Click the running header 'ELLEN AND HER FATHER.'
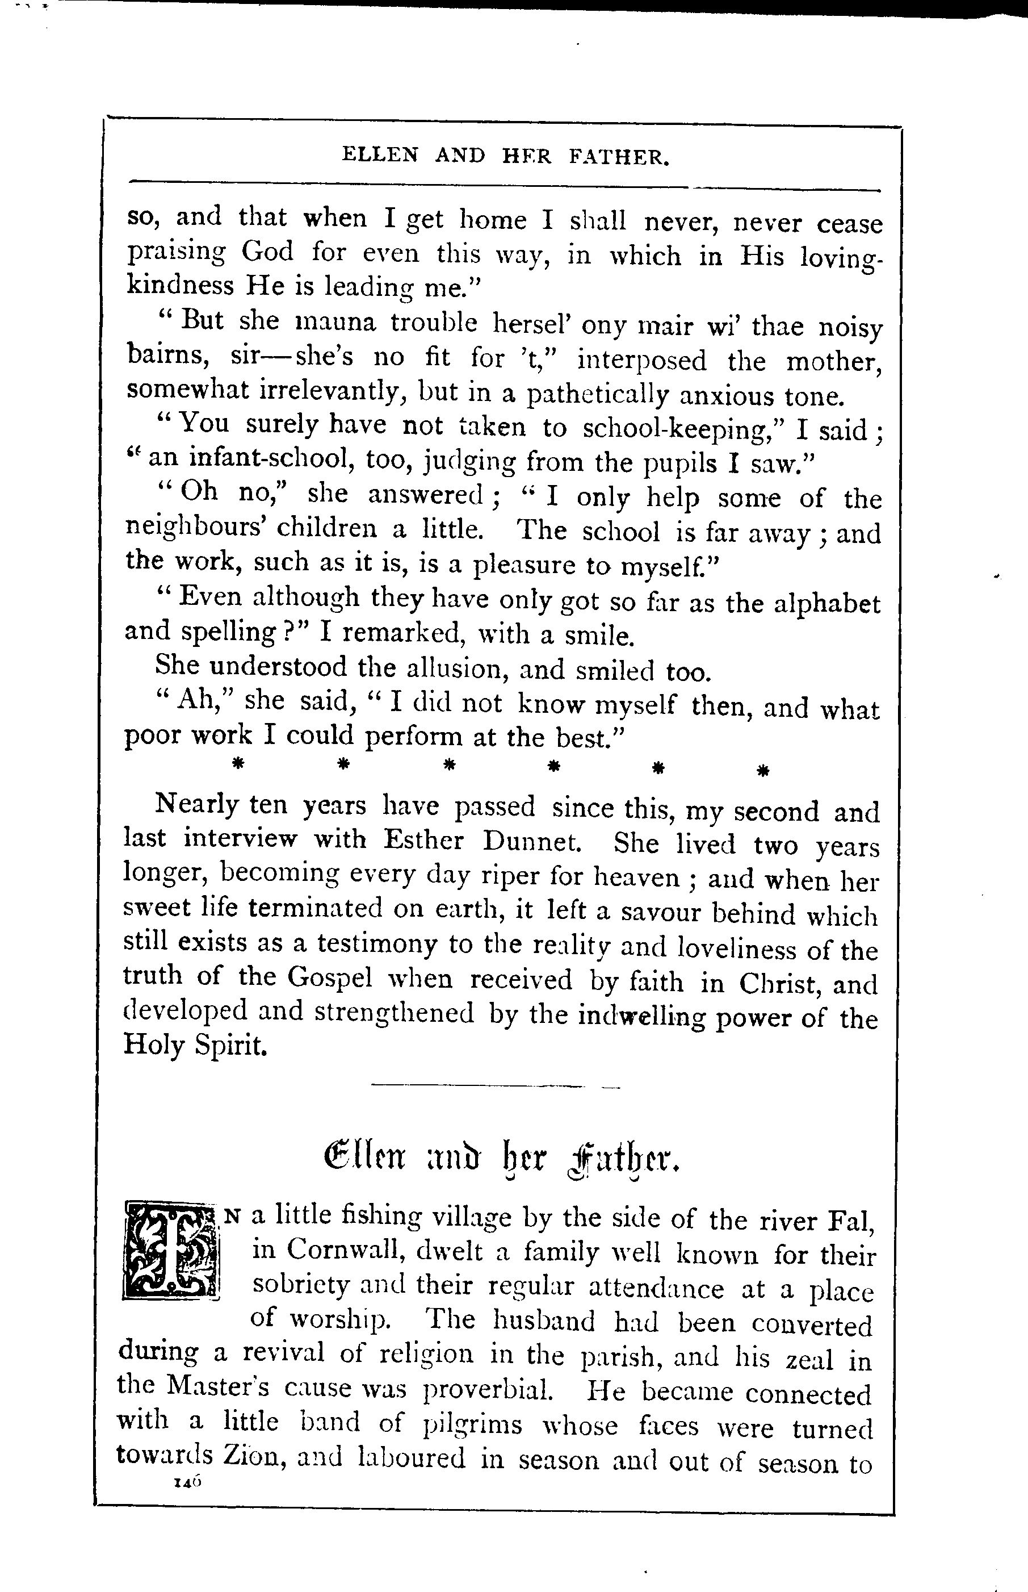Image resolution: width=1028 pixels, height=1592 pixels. click(505, 157)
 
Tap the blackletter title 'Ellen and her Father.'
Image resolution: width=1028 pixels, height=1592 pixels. click(501, 1162)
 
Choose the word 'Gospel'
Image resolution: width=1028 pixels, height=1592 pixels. click(330, 977)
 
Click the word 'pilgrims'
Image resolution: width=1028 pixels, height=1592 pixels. click(473, 1424)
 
